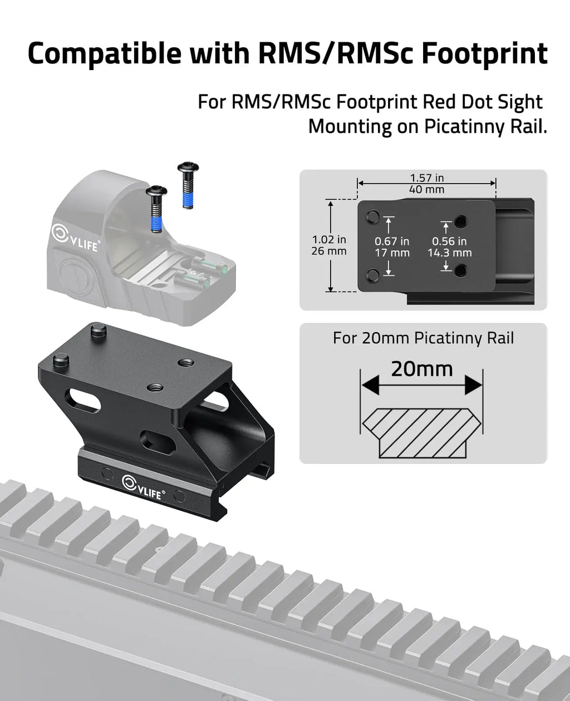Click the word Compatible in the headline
[104, 53]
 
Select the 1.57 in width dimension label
[427, 178]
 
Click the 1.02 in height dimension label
[330, 240]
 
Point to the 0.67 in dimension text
[392, 241]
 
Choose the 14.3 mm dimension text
[449, 253]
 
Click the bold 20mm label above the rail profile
[421, 368]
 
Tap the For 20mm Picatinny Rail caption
[423, 338]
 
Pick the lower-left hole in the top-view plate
[374, 273]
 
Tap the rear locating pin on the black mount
[99, 330]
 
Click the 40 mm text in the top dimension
[427, 189]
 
